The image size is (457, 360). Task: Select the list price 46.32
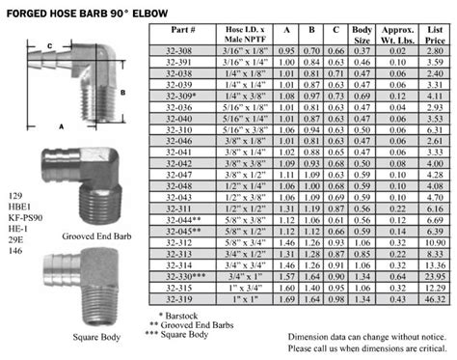432,300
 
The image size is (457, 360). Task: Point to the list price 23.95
432,274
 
